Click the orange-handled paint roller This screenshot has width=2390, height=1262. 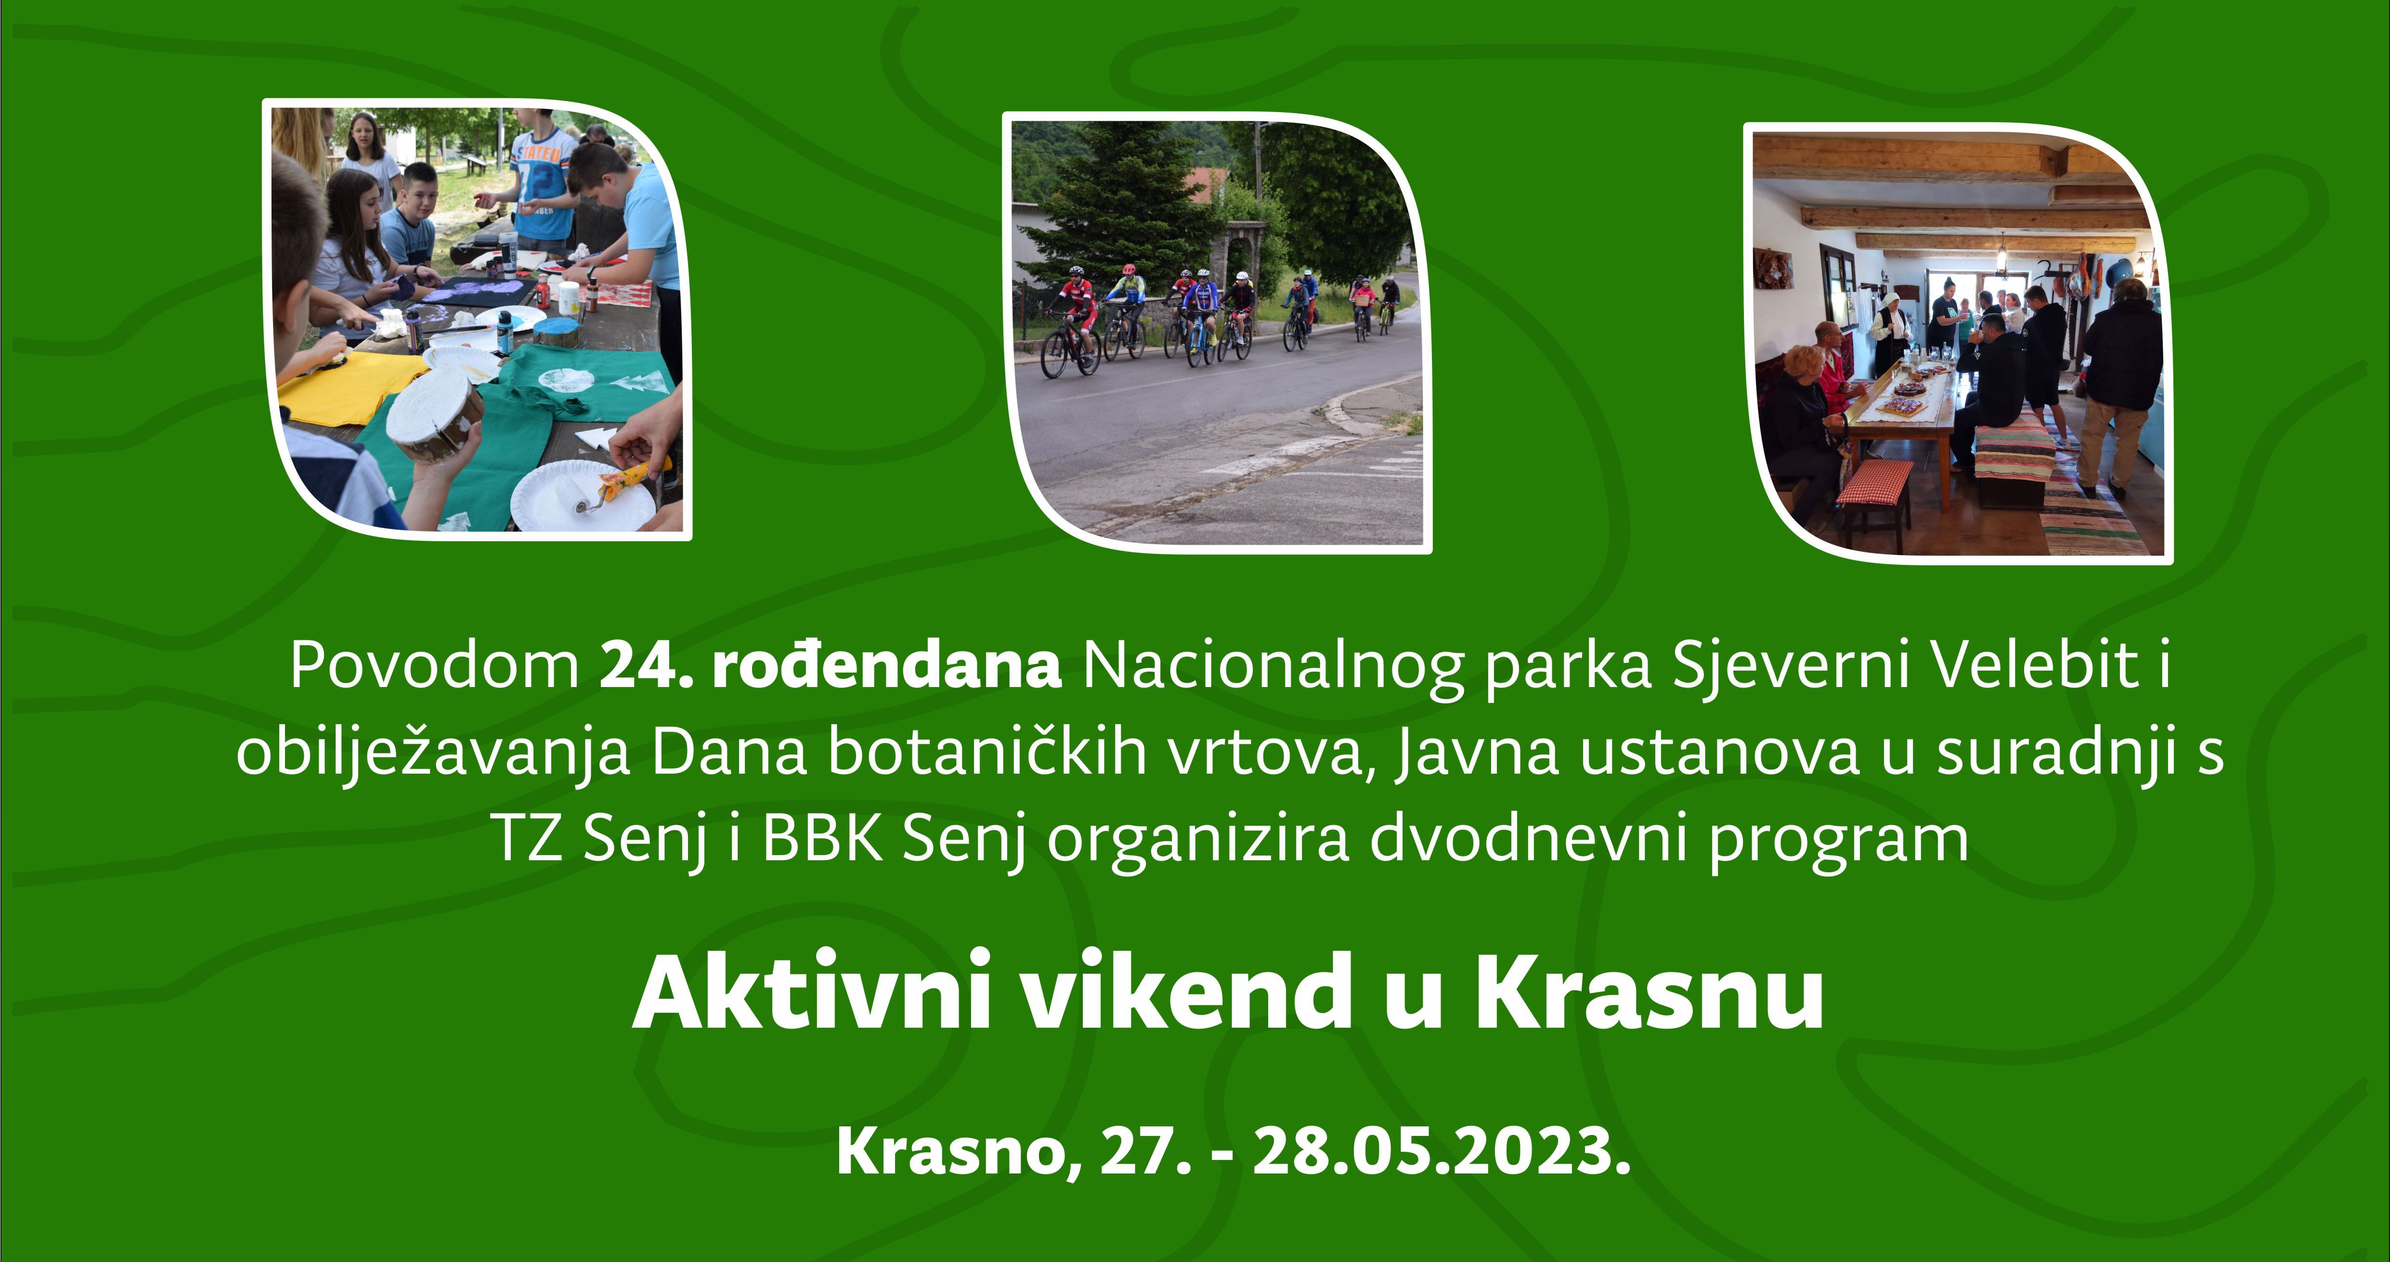(612, 487)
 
